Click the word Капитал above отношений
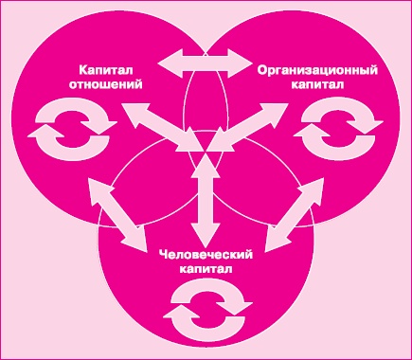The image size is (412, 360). pos(105,71)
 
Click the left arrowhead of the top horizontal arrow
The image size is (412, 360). pos(167,65)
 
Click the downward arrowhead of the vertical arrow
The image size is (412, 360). pos(203,235)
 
